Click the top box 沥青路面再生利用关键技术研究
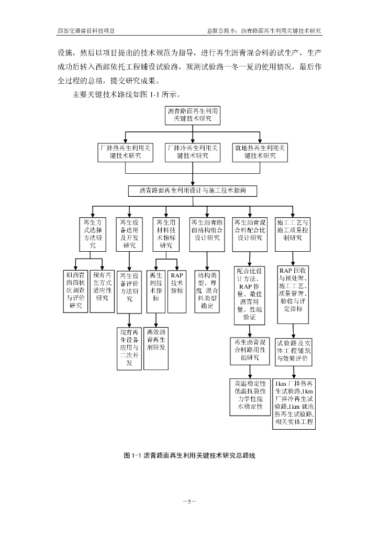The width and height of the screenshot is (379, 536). coord(193,115)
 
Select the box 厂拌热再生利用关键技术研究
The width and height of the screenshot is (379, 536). coord(125,152)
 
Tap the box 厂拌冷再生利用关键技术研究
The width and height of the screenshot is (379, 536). coord(193,152)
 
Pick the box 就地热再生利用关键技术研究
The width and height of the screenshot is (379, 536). coord(260,152)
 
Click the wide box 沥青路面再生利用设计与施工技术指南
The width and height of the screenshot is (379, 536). coord(193,191)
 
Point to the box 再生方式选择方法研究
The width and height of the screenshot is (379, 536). coord(93,234)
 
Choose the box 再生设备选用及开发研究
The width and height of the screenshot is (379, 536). coord(129,234)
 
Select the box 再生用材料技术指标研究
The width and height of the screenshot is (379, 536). coord(166,234)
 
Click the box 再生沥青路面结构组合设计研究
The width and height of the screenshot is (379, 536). coord(207,234)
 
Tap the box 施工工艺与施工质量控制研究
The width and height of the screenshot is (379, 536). coord(293,234)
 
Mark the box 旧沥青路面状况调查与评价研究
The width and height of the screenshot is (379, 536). coord(76,291)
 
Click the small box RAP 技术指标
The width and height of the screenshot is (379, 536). coord(177,291)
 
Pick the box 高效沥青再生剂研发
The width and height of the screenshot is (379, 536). coord(156,348)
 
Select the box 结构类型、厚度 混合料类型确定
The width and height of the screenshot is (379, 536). coord(207,291)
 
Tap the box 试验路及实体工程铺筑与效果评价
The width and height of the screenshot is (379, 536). coord(294,352)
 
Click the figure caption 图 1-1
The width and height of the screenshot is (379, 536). coord(189,456)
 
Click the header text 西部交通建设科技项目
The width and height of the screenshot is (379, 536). coord(86,31)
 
